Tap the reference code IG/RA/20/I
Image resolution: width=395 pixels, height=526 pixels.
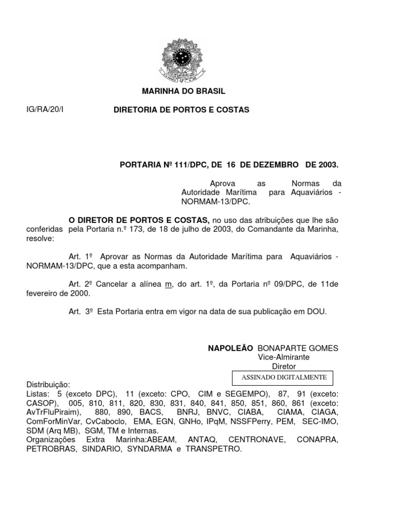tap(44, 110)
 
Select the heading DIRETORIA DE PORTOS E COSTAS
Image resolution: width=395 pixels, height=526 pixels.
tap(181, 110)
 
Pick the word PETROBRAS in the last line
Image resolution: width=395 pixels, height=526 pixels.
tap(49, 449)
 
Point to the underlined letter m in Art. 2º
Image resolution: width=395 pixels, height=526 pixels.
tap(168, 285)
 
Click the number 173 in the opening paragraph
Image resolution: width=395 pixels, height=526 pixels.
tap(136, 229)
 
